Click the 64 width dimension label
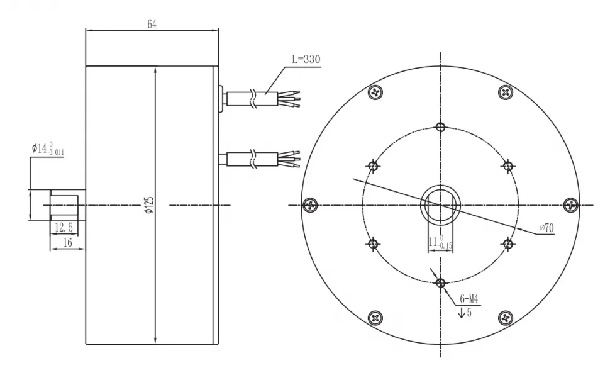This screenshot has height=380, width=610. coord(152,24)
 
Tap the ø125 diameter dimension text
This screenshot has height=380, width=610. coord(149,205)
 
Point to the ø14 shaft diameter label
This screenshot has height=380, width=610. coord(48,150)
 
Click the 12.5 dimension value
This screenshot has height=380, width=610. coord(63,227)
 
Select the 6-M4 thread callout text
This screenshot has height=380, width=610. coord(469,300)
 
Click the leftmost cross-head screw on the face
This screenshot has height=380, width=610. coord(309,205)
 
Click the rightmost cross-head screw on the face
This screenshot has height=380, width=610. coord(570,205)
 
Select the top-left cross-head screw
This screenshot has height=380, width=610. coord(375,92)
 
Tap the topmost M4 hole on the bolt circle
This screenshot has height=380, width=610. coord(440,128)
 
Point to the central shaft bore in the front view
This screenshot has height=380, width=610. coord(440,205)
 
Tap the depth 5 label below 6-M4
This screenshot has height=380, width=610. coord(465,312)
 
